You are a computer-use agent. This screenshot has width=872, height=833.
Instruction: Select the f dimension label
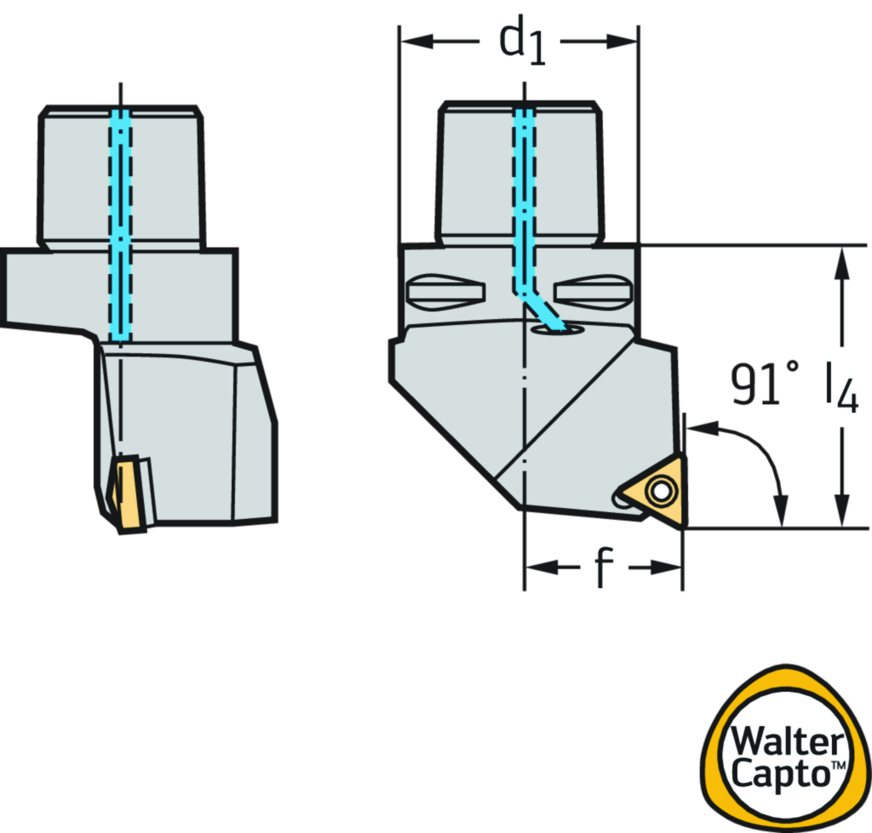[604, 567]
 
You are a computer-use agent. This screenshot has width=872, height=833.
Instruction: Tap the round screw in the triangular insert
[659, 491]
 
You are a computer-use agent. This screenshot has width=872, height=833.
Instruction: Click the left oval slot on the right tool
[445, 293]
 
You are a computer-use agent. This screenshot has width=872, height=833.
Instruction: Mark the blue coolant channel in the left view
[121, 221]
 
